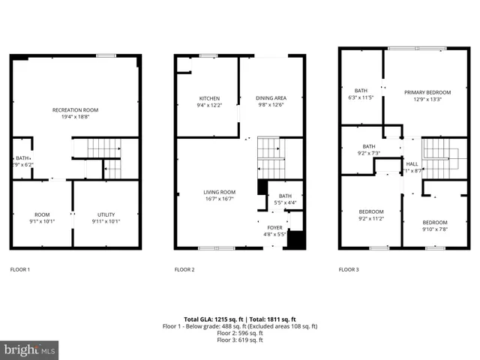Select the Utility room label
(106, 214)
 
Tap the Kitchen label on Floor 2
(209, 98)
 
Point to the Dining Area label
(271, 98)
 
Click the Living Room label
(219, 192)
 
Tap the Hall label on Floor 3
(412, 163)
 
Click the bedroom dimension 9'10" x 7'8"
(434, 229)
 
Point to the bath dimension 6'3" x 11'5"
(361, 97)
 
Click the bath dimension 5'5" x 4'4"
(285, 202)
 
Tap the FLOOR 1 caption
(20, 268)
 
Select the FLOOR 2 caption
(184, 268)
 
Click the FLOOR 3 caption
(349, 268)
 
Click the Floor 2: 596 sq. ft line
(240, 333)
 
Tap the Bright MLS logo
(30, 349)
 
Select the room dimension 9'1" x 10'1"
(42, 221)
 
